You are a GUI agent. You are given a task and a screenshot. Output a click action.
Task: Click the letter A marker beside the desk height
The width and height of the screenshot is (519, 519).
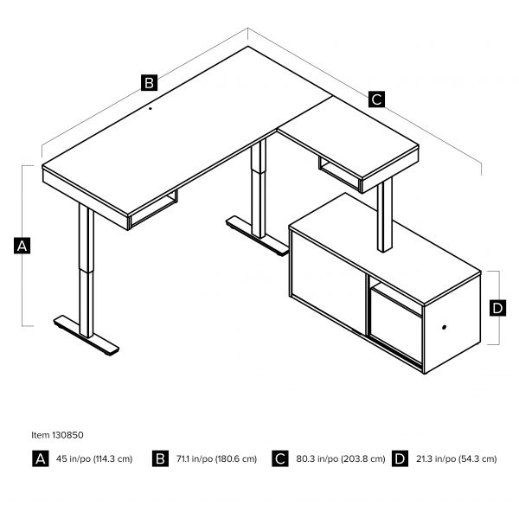tap(23, 247)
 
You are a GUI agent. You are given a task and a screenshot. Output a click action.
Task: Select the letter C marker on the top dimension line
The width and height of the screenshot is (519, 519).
tap(376, 99)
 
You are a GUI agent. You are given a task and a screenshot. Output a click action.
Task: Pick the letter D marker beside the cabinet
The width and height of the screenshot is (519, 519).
tap(497, 308)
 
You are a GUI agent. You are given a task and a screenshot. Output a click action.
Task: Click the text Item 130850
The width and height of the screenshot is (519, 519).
tap(58, 435)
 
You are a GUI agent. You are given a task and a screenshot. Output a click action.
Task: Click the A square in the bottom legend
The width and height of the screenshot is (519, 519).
tap(40, 458)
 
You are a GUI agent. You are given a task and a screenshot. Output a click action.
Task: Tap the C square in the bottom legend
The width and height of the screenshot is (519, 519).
tap(280, 458)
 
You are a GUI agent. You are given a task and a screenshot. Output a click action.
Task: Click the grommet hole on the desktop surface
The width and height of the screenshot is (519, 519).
tap(149, 109)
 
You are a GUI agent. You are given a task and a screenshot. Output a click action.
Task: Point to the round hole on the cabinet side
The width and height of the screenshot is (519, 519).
tap(445, 328)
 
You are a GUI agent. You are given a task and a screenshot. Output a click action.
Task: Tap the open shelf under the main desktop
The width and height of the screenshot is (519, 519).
tap(154, 211)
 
